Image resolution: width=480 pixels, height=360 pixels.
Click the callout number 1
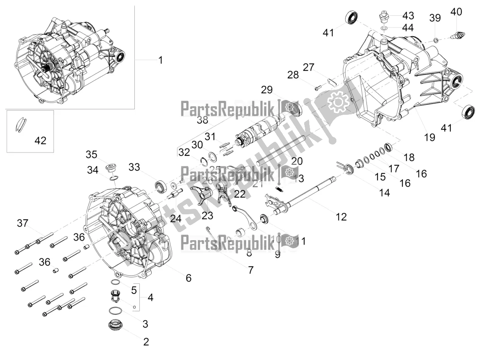point(160,60)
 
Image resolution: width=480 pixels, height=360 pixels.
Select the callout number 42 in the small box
point(40,141)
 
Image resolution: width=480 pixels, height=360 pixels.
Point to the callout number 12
point(341,217)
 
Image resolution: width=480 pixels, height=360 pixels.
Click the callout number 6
point(188,278)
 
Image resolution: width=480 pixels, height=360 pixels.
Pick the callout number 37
point(22,223)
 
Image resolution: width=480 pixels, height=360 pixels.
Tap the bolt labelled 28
point(318,88)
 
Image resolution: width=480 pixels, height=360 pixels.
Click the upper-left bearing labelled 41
point(351,17)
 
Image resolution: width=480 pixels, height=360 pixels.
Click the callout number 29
point(278,89)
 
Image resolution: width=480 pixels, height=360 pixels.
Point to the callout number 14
point(384,193)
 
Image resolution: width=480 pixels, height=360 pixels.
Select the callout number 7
point(251,269)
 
